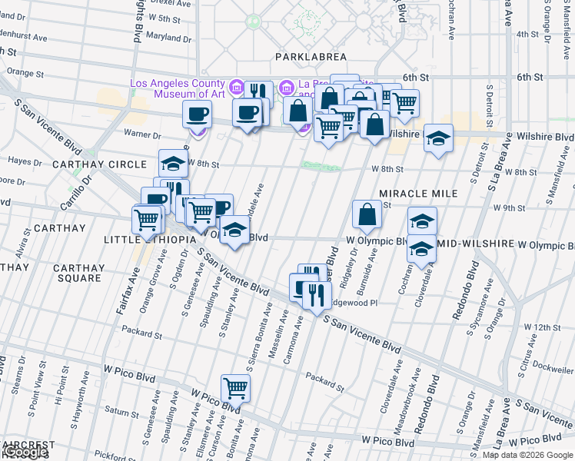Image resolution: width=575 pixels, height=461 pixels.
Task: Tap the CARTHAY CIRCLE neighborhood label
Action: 99,164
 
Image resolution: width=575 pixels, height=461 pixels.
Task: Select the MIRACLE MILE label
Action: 418,194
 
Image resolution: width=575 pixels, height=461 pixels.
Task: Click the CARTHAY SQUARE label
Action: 78,274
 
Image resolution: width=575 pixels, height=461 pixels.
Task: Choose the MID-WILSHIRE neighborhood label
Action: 475,244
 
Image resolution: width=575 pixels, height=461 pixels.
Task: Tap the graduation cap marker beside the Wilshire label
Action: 438,138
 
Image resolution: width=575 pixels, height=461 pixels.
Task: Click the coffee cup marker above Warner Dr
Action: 197,114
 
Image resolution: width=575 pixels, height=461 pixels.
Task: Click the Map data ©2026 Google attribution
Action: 527,455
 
